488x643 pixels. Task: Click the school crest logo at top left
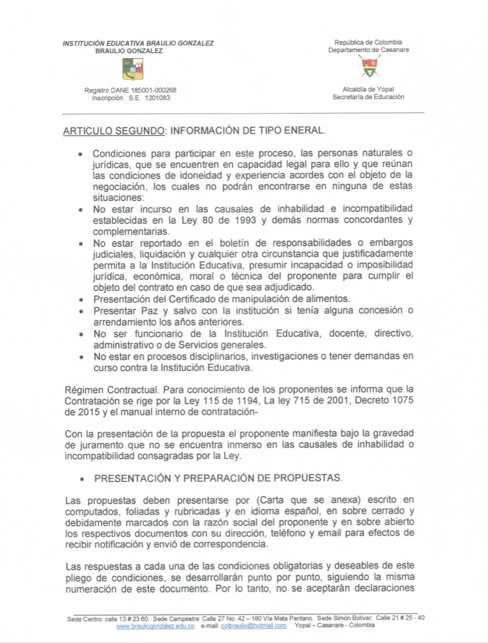point(132,69)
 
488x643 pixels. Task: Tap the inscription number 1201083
point(157,98)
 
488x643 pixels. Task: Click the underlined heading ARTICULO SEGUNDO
point(114,131)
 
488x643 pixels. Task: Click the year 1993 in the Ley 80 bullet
point(245,220)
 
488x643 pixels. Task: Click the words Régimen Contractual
point(111,390)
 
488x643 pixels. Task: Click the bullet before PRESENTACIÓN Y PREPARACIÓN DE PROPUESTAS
point(82,479)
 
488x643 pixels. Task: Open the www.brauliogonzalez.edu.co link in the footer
point(155,626)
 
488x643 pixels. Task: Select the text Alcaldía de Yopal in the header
point(368,89)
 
